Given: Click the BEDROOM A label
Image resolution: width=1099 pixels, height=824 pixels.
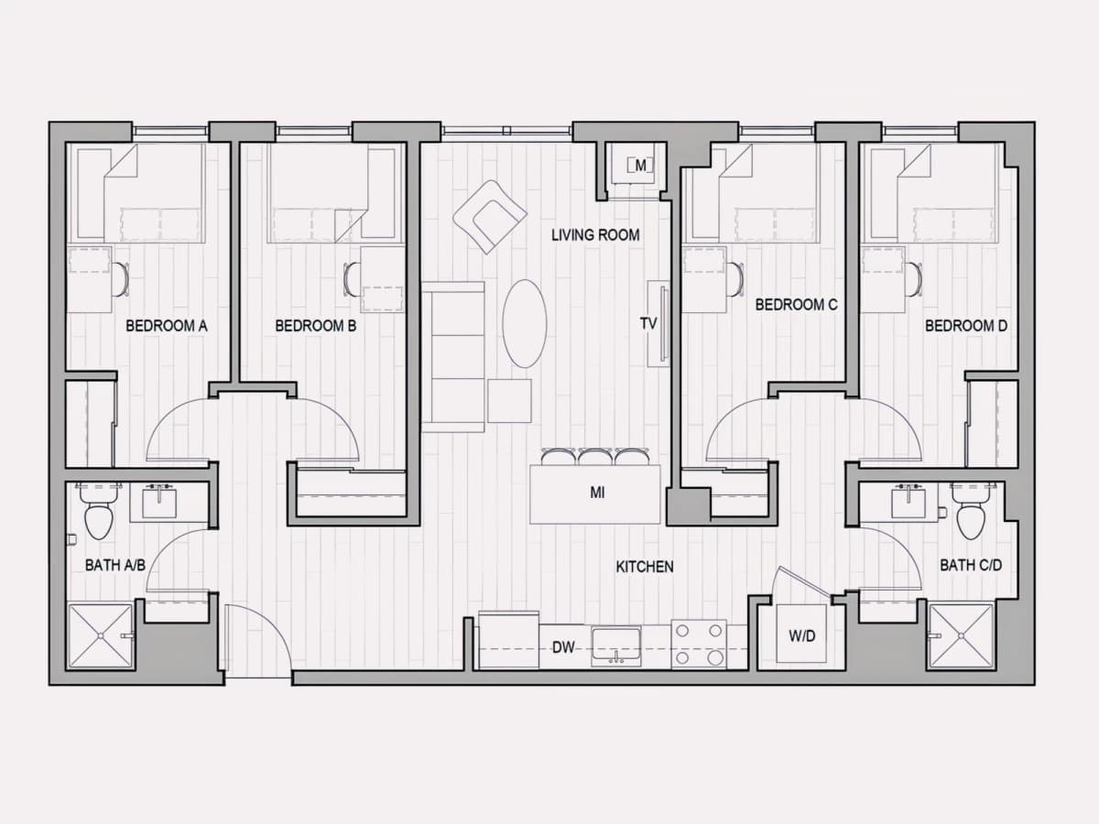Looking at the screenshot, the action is (x=167, y=326).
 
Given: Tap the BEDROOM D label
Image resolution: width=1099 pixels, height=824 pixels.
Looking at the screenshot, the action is (x=966, y=326).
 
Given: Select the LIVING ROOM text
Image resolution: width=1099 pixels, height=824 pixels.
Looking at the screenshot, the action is (x=595, y=235).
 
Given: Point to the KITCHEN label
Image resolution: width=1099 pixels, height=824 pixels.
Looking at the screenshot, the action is (x=645, y=567).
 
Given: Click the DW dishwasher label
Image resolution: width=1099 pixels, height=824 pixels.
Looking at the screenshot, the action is (x=563, y=647).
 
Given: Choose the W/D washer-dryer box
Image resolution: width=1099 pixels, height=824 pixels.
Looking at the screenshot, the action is (x=801, y=634).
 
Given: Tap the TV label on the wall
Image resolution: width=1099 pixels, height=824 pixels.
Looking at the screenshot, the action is (x=648, y=324).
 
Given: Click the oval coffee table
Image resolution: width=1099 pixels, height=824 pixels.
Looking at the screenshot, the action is (x=525, y=324).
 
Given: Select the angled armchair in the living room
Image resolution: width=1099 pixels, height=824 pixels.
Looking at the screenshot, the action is (x=490, y=217).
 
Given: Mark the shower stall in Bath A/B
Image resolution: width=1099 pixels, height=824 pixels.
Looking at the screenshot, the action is (x=101, y=636).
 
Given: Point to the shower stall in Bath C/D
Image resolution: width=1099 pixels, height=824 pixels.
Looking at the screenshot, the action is (x=961, y=636).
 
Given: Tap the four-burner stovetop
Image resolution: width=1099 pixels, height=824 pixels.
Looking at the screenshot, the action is (x=699, y=644).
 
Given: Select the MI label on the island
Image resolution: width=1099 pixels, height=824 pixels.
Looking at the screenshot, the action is (x=597, y=493).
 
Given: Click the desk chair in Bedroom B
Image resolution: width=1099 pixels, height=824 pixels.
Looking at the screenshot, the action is (x=352, y=279).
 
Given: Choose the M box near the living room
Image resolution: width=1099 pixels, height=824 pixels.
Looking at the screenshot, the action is (x=640, y=165).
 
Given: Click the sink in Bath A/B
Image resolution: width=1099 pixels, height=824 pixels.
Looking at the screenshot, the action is (x=159, y=503).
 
